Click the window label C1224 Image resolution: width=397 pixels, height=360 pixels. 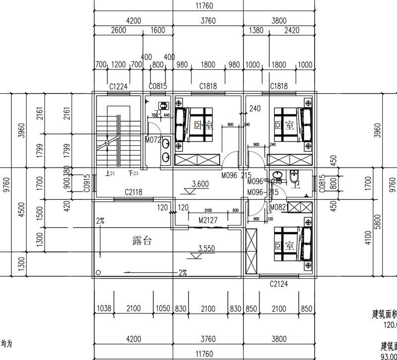tap(119, 86)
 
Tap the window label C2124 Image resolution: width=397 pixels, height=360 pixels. tap(279, 284)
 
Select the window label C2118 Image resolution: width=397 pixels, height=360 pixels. tap(134, 191)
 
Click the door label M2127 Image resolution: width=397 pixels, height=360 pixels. tap(208, 220)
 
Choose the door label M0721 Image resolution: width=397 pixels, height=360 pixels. tap(154, 140)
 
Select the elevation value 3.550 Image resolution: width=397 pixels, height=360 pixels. tap(206, 248)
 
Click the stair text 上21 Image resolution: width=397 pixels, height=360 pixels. tap(111, 173)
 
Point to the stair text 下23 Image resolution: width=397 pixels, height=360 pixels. tap(133, 173)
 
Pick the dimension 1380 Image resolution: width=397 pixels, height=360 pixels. tap(255, 30)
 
